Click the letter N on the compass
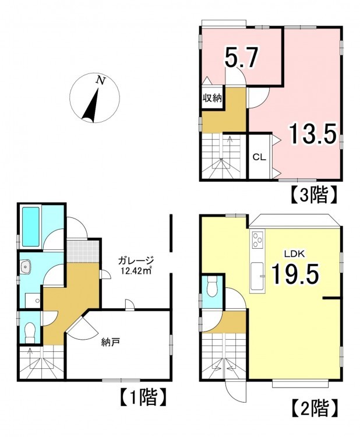[101, 80]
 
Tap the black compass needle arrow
[92, 106]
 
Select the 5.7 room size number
[241, 58]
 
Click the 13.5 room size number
[312, 134]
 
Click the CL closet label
[259, 157]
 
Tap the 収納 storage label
[212, 98]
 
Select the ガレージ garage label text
[136, 261]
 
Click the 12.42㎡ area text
[136, 270]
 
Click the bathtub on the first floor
[31, 227]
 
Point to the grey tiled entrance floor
[83, 251]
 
